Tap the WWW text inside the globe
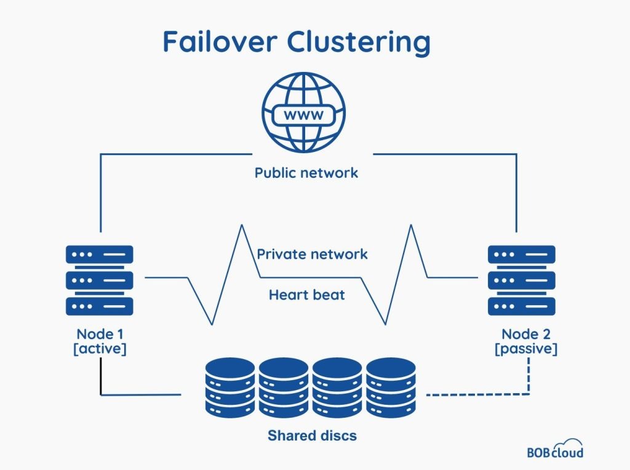pos(304,114)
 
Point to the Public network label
pos(306,172)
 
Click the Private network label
pos(312,253)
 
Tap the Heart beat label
pos(306,295)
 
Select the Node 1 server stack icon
pos(99,280)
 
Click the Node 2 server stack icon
pos(522,280)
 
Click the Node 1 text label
pos(99,334)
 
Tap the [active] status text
pos(99,349)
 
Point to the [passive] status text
pos(526,349)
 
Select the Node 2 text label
pos(526,334)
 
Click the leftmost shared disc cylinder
pos(229,387)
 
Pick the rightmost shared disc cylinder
pos(391,387)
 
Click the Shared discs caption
pos(312,436)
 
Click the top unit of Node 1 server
pos(99,254)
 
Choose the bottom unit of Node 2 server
pos(522,306)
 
